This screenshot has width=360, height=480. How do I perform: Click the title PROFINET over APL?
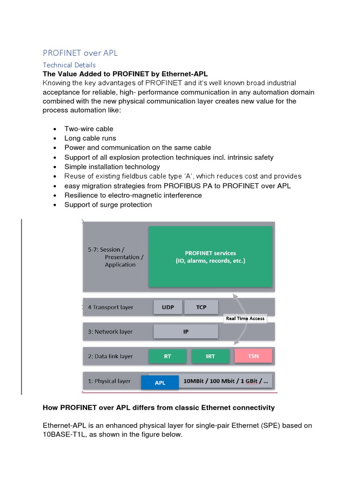point(80,53)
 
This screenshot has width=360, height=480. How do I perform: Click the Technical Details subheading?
point(69,65)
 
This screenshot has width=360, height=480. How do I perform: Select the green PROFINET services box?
point(210,256)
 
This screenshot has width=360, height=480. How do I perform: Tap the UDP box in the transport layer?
point(167,307)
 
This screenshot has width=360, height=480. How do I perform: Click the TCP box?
point(201,307)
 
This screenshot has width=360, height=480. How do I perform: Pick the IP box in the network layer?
point(186,331)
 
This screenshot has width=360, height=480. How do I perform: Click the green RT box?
point(167,356)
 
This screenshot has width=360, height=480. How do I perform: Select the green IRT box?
point(210,356)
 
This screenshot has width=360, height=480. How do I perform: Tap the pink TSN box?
point(253,356)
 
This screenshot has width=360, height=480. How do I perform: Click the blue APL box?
point(160,382)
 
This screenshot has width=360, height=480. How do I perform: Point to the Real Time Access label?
point(245,318)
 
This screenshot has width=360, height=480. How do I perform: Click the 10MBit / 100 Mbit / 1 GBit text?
point(225,381)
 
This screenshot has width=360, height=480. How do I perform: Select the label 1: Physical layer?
point(109,381)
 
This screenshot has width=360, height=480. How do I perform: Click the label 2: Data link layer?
point(110,356)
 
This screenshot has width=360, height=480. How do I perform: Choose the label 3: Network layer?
point(110,331)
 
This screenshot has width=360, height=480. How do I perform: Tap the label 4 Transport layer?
point(110,307)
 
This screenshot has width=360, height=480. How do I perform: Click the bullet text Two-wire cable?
point(89,129)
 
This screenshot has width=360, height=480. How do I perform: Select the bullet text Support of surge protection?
point(108,205)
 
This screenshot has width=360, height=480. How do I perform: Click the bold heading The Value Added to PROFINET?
point(125,74)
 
